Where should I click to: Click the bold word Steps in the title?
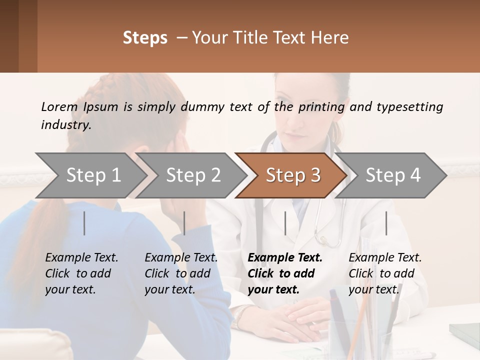coord(145,38)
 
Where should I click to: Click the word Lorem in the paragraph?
coord(59,106)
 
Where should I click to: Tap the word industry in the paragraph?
coord(66,125)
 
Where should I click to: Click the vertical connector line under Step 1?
coord(84,223)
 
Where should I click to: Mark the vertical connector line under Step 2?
coord(184,223)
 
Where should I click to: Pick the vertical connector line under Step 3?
coord(285,223)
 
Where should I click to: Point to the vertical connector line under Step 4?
coord(386,223)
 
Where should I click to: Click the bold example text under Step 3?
coord(284,273)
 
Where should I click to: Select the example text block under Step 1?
coord(81,273)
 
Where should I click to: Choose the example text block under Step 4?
coord(385,273)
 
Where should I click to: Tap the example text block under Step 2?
coord(181,273)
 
